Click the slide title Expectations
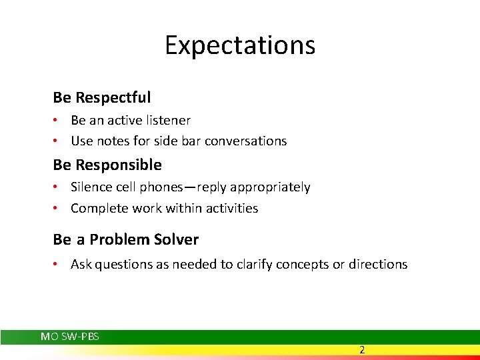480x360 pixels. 240,45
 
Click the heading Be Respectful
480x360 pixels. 102,97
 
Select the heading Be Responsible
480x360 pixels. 107,165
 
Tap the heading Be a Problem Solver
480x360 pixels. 126,239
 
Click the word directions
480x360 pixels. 378,265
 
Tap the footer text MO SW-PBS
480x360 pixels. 70,337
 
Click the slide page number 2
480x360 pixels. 362,350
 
